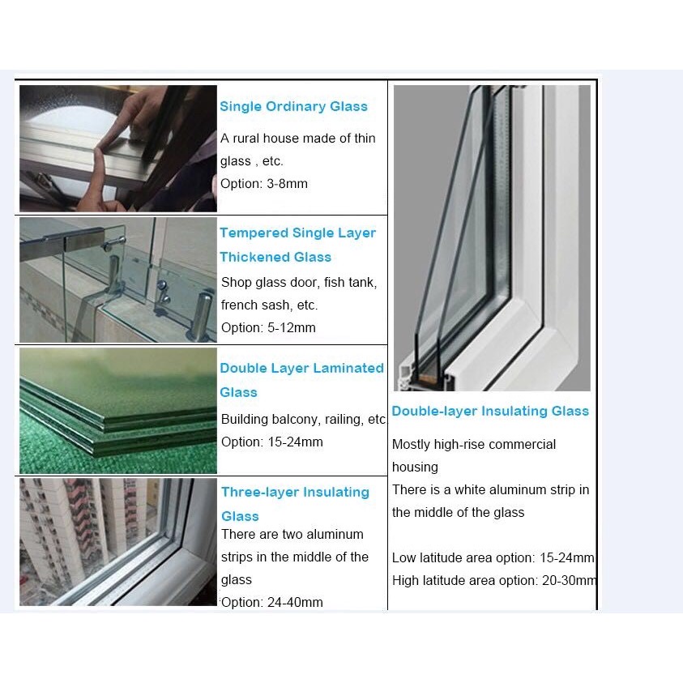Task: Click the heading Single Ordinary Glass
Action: click(x=293, y=106)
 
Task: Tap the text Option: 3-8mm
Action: click(x=264, y=183)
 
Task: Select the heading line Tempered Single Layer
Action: click(x=297, y=233)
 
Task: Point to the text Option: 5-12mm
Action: click(x=268, y=327)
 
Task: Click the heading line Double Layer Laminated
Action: click(x=302, y=368)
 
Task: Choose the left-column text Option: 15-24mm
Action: click(x=272, y=442)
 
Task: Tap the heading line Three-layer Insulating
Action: click(x=296, y=493)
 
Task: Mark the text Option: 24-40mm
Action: click(x=272, y=602)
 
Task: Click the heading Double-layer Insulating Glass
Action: click(x=490, y=412)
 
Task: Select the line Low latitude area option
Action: click(x=493, y=557)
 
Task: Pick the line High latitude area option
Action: click(x=494, y=580)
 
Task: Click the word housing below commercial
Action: click(x=415, y=467)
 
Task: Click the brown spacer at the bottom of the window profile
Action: click(x=428, y=378)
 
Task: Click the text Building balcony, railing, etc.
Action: click(x=304, y=419)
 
